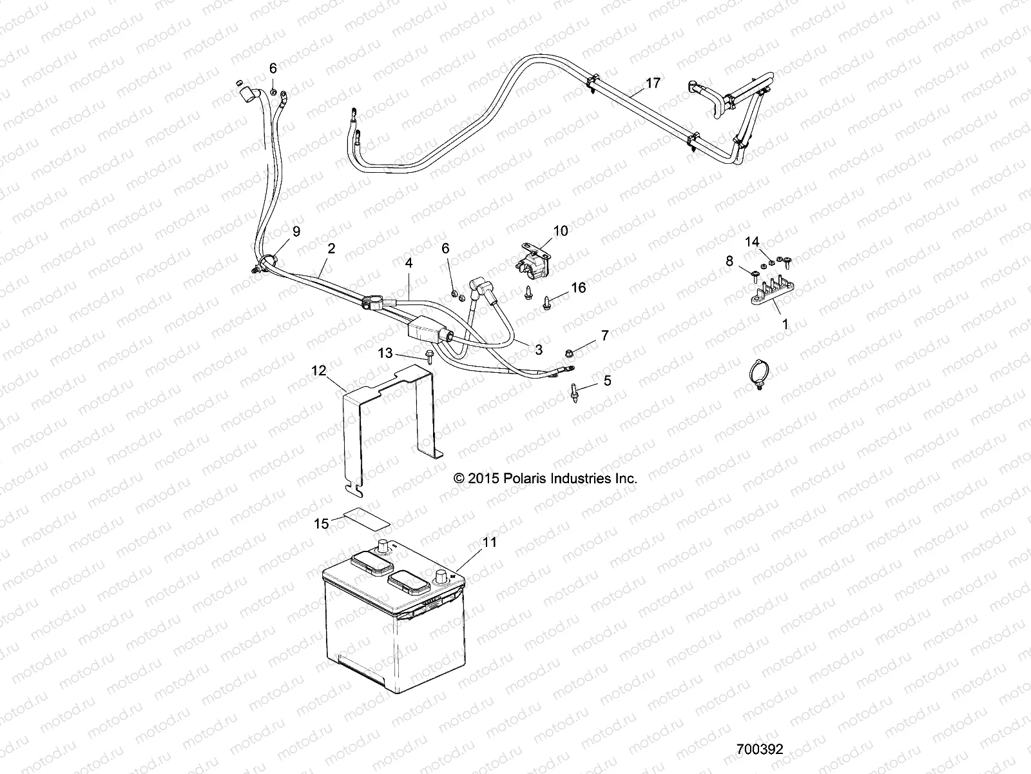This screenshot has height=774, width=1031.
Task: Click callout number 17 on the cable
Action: [653, 83]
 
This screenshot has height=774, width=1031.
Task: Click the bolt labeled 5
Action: [573, 392]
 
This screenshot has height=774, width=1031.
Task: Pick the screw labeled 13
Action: [429, 356]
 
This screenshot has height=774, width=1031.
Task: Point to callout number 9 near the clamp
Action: [296, 231]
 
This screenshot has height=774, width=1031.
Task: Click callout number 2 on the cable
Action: [332, 248]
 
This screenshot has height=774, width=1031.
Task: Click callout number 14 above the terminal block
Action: [753, 242]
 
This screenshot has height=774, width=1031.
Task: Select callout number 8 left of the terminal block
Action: [730, 261]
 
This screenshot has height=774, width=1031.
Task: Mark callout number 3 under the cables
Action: [538, 349]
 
